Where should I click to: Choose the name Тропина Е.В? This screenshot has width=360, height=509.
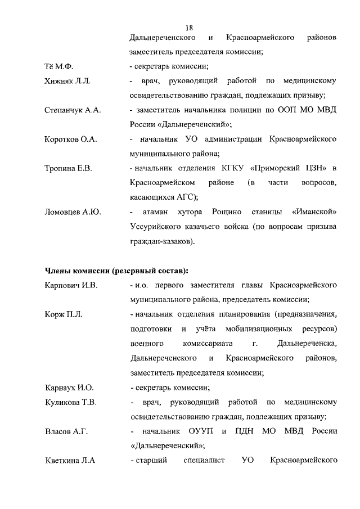point(68,168)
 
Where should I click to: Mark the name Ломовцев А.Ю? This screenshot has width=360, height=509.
point(73,212)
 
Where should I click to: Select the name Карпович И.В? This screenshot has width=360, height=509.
point(71,285)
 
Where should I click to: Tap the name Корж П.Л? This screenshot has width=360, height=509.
point(64,314)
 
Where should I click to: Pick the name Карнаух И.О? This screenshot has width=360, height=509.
point(69,388)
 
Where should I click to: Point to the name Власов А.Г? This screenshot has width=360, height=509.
point(66,431)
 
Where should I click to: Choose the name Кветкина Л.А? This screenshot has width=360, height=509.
point(70,461)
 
